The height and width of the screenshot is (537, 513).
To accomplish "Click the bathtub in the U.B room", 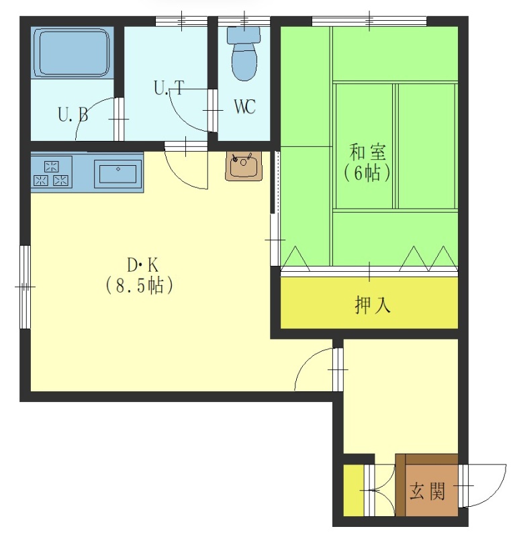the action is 73,53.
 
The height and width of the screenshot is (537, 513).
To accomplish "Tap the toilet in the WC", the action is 244,54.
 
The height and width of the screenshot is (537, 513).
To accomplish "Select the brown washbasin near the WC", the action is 244,166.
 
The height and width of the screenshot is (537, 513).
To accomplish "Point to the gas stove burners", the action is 52,173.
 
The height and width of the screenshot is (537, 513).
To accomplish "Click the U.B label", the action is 73,115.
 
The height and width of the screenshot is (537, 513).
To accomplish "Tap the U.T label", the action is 169,88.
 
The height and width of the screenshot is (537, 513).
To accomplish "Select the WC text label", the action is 244,107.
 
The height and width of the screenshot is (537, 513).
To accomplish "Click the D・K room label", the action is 142,265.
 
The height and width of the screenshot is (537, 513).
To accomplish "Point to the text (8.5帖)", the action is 139,286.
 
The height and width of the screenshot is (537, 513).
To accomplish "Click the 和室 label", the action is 368,152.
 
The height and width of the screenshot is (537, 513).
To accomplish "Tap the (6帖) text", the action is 367,173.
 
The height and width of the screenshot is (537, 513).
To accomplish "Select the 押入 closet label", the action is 373,305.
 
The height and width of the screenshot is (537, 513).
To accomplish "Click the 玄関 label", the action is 427,491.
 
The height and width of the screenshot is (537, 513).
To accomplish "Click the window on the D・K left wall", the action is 25,287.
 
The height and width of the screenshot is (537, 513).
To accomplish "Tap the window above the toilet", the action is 244,21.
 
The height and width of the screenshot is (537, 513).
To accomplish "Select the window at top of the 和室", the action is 369,21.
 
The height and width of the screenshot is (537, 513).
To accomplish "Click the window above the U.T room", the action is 181,21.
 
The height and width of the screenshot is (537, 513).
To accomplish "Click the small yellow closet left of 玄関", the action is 354,490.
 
